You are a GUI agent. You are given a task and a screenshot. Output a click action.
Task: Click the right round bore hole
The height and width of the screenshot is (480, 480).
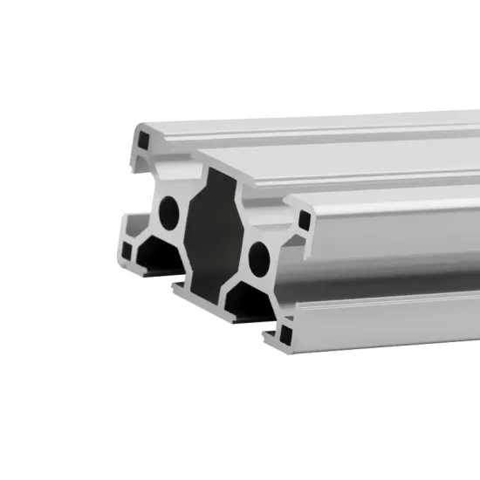(257, 256)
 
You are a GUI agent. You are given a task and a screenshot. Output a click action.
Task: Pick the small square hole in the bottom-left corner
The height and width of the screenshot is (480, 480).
(128, 251)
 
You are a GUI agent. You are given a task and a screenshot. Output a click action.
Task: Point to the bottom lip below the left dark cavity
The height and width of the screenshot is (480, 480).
(144, 266)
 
